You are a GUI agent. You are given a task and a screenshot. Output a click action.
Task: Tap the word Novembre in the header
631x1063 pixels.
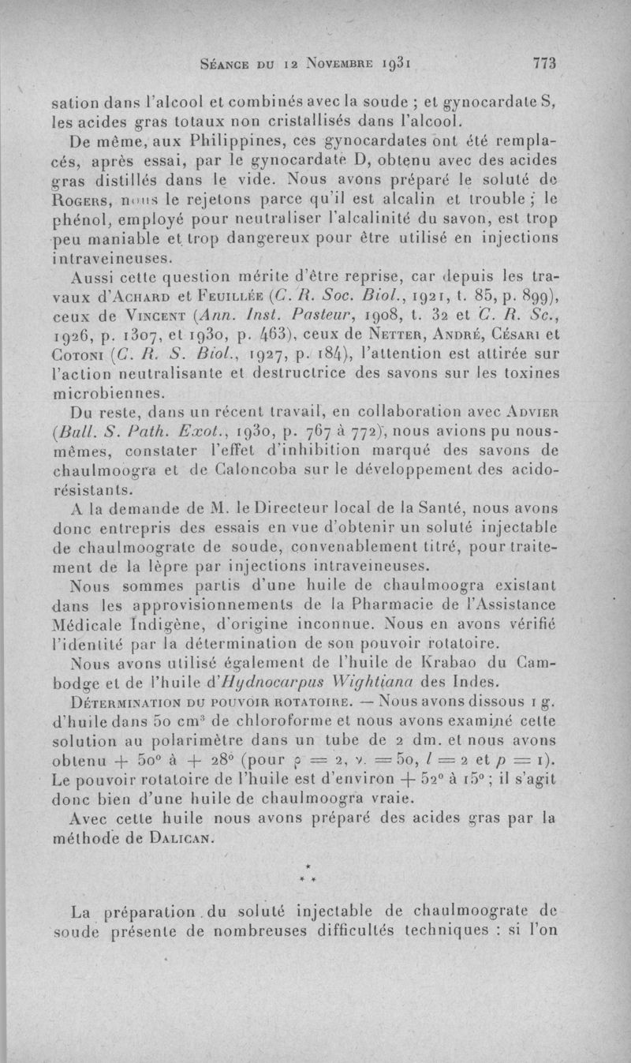[x=310, y=64]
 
